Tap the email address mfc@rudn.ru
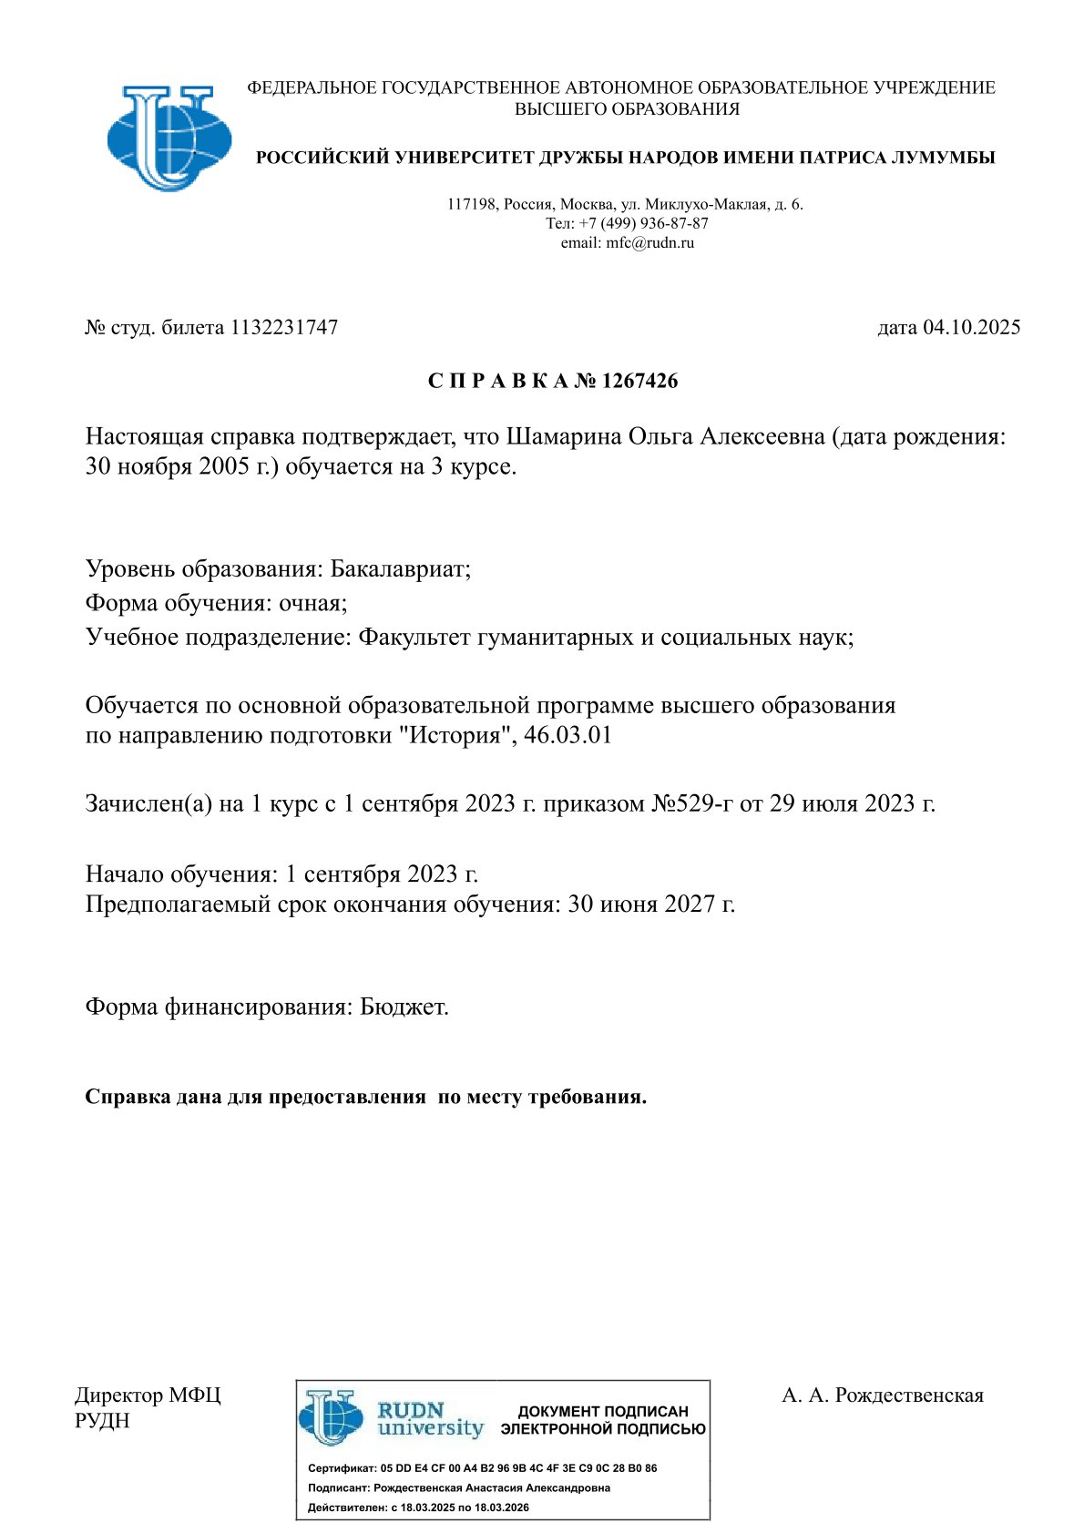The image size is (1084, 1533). pyautogui.click(x=649, y=243)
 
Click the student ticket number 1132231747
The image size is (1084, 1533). pyautogui.click(x=284, y=328)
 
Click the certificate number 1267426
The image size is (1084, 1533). pyautogui.click(x=639, y=382)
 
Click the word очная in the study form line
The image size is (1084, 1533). pyautogui.click(x=312, y=603)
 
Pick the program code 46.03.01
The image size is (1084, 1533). pyautogui.click(x=568, y=735)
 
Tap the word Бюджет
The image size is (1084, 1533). pyautogui.click(x=404, y=1007)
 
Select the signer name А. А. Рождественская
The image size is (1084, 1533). pyautogui.click(x=882, y=1395)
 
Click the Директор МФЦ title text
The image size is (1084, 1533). pyautogui.click(x=147, y=1395)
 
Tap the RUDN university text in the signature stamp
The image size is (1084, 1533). pyautogui.click(x=430, y=1419)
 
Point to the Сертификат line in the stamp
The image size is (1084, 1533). pyautogui.click(x=482, y=1468)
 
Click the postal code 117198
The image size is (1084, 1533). pyautogui.click(x=471, y=204)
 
